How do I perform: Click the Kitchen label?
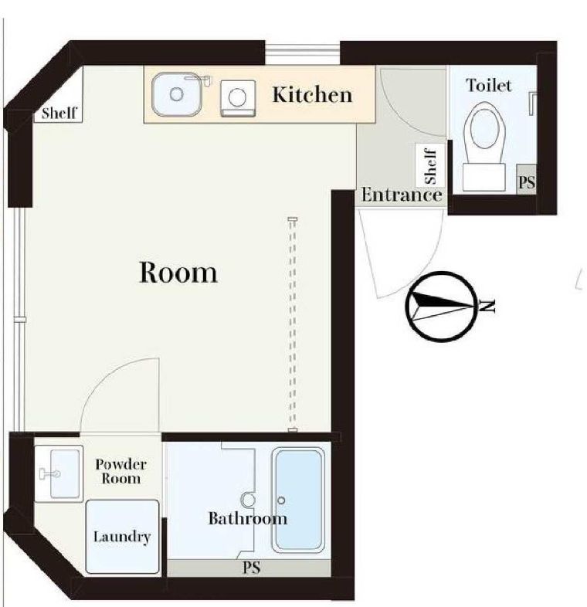[311, 95]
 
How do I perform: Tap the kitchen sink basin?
[177, 94]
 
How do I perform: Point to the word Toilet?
[488, 85]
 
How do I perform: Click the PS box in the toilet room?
[526, 182]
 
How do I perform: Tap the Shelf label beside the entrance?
[430, 165]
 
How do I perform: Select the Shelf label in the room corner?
[59, 114]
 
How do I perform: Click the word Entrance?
[401, 195]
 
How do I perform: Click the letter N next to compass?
[488, 306]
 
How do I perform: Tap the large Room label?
[178, 272]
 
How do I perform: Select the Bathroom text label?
[247, 518]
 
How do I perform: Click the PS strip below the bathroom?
[251, 568]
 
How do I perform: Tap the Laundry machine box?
[122, 537]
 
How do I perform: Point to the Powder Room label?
[120, 471]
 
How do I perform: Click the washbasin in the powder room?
[59, 473]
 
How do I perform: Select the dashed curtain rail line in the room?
[292, 324]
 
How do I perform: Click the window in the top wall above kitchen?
[302, 53]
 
